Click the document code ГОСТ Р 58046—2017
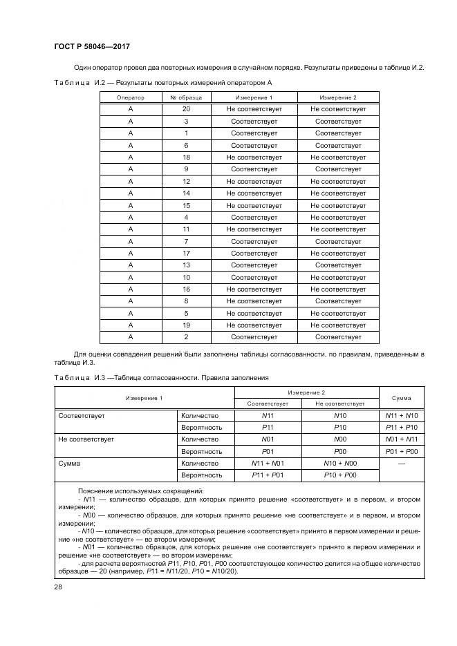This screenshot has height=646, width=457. point(92,46)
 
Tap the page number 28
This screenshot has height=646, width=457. point(58,587)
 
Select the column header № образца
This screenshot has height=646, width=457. point(186,97)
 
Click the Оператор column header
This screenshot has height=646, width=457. point(130,97)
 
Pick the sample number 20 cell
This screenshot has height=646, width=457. point(186,109)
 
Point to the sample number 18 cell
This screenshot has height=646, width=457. point(186,157)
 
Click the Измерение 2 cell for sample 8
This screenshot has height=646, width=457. point(338,301)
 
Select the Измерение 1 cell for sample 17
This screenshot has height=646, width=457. point(254,253)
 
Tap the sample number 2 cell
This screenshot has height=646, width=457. point(186,337)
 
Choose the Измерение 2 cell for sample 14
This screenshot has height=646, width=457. point(338,193)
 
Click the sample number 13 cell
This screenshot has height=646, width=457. point(186,265)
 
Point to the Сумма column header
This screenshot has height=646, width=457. point(401,398)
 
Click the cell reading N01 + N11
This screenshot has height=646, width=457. point(401,439)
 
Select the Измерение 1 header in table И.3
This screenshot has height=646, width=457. point(144,398)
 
